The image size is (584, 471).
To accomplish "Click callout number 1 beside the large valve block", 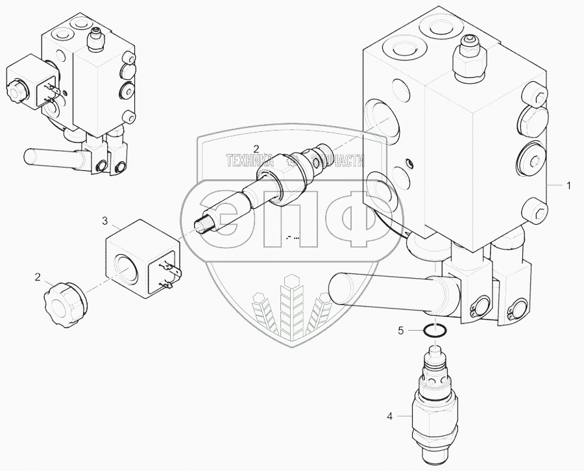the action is [568, 186].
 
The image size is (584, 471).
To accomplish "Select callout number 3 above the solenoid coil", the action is [104, 222].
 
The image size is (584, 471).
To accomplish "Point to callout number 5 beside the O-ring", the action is [401, 331].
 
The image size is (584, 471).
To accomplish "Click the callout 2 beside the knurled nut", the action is [38, 278].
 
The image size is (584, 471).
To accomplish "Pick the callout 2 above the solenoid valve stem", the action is [256, 148].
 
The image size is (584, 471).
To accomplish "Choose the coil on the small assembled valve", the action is [29, 84].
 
